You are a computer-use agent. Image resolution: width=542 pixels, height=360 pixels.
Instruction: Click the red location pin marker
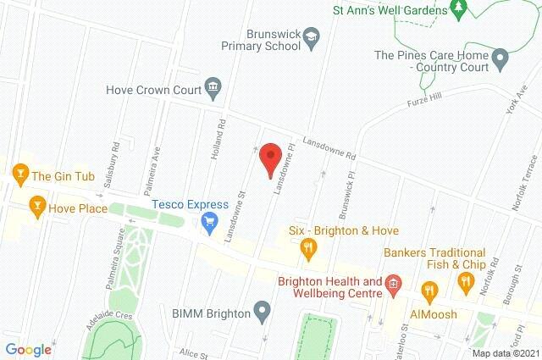pos(270,158)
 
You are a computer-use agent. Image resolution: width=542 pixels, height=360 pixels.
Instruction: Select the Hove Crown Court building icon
pos(212,87)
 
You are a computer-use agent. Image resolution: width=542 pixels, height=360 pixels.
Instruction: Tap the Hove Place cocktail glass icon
pos(36,206)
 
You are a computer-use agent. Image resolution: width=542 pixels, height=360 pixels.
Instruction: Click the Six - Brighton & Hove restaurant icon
pos(308,248)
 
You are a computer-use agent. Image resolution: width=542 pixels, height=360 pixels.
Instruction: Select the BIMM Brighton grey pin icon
pos(263,313)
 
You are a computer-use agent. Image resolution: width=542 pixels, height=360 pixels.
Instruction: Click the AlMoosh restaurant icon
pos(429,293)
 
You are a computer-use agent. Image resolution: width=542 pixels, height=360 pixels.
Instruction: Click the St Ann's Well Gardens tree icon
pos(459,9)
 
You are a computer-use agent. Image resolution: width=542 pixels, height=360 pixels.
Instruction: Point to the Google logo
pos(28,349)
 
